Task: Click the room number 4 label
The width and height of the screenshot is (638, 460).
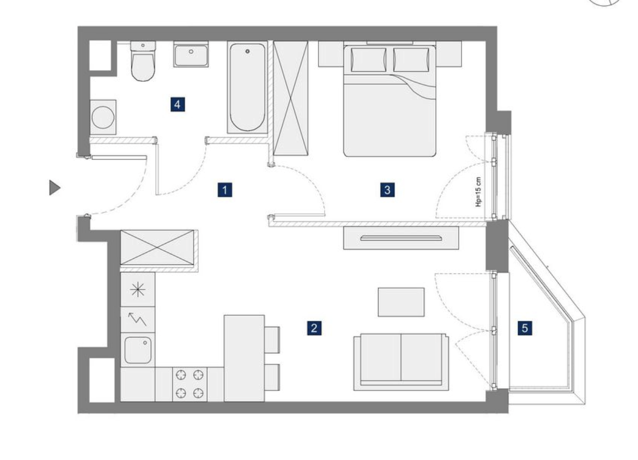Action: (177, 104)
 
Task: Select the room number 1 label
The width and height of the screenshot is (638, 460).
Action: (225, 190)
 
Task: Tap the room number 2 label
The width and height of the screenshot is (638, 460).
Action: (314, 328)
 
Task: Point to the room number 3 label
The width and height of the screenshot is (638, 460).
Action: (387, 190)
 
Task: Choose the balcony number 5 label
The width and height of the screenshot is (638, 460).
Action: (525, 328)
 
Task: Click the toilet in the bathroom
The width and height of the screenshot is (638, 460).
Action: (143, 61)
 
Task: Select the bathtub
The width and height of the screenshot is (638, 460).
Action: (247, 87)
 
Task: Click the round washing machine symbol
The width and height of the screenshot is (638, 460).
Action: (103, 117)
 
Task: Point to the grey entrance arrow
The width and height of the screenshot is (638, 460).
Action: (55, 188)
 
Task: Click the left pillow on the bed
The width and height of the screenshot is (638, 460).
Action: (369, 60)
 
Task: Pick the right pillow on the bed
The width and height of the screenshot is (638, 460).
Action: (411, 60)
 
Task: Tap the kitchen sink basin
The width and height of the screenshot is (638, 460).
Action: (138, 350)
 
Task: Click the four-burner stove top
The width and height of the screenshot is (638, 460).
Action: (190, 384)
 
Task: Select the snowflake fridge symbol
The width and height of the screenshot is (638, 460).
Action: (138, 290)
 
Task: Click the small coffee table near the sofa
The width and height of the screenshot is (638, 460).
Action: (401, 302)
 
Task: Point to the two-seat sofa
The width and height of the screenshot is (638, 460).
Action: (401, 362)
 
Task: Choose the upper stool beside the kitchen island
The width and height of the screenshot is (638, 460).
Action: (272, 340)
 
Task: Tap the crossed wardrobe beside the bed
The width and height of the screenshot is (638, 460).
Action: (291, 99)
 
